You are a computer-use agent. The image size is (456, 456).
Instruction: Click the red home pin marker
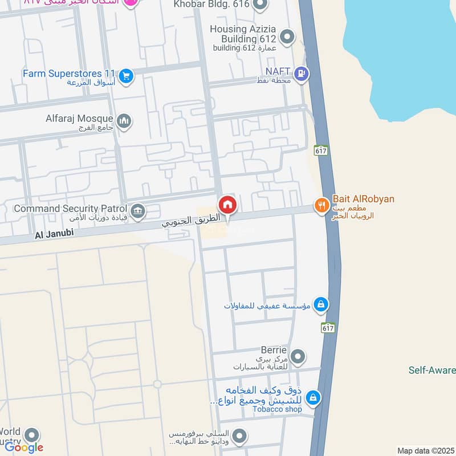[227, 205]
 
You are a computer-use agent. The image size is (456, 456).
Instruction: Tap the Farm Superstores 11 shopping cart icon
[126, 74]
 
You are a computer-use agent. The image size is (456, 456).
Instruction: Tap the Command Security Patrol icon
[137, 211]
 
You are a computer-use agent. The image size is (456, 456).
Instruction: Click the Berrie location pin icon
[297, 357]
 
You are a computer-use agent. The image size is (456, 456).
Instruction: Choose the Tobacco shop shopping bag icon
[313, 397]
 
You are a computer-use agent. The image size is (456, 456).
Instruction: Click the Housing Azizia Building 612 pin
[287, 38]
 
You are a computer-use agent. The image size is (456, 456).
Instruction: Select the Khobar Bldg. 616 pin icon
[260, 6]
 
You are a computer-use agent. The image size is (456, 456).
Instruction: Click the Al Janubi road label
[54, 234]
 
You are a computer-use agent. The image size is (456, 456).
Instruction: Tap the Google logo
[24, 447]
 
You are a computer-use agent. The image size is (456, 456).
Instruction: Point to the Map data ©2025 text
[425, 450]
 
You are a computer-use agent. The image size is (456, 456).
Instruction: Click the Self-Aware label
[431, 370]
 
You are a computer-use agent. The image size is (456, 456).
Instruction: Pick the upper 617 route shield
[320, 150]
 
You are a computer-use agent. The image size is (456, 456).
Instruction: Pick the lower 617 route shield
[327, 328]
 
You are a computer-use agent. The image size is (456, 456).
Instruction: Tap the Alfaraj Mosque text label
[79, 119]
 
